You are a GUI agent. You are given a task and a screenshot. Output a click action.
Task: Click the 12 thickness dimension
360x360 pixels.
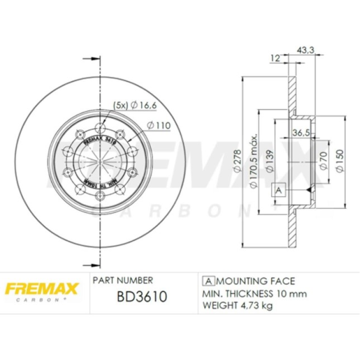(275, 58)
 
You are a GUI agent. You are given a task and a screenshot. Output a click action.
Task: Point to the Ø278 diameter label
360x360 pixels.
(237, 160)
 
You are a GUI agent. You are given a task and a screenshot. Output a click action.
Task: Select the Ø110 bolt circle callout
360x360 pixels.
(159, 126)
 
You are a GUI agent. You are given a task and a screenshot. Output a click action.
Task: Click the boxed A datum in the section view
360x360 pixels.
(278, 190)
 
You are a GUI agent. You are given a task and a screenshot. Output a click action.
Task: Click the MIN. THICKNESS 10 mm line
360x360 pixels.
(255, 294)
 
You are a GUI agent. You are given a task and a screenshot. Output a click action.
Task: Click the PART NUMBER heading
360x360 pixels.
(123, 280)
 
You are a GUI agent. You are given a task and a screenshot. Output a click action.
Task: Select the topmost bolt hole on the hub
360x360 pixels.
(99, 126)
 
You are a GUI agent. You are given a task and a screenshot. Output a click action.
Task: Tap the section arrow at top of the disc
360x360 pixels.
(92, 58)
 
